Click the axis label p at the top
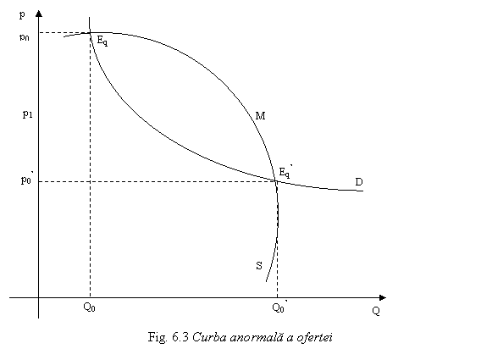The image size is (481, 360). tap(22, 14)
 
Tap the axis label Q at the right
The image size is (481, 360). tap(376, 311)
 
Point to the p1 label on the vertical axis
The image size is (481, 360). tap(27, 114)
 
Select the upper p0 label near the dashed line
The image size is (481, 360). tap(25, 37)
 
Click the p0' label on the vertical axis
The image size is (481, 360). tap(27, 179)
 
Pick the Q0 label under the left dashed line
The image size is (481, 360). tap(89, 307)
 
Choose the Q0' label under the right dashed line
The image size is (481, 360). tap(279, 307)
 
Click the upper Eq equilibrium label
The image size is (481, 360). tap(102, 41)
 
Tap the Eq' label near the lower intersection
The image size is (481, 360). tap(285, 172)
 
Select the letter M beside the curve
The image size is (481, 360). tap(261, 116)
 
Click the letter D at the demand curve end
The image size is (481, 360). tap(359, 182)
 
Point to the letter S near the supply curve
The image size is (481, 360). tap(259, 265)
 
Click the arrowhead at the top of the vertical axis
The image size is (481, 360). tap(39, 13)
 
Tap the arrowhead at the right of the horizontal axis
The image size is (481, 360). tap(383, 297)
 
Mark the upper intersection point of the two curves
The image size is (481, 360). tap(90, 32)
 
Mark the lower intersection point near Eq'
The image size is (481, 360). tap(275, 180)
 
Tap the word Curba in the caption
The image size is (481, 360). tap(209, 337)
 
